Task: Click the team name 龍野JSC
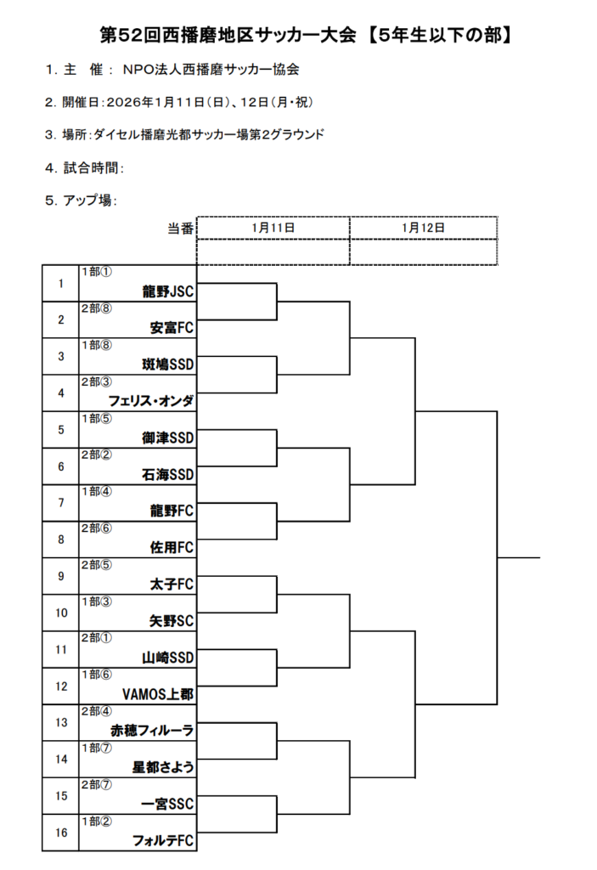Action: click(x=168, y=291)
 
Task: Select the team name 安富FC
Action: click(x=172, y=328)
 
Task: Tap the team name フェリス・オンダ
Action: click(x=151, y=401)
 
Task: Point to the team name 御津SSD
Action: click(x=168, y=438)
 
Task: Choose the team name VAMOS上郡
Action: click(x=158, y=694)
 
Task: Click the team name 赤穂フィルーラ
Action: click(x=153, y=731)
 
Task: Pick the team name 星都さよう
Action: click(x=163, y=767)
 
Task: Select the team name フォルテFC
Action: click(x=163, y=840)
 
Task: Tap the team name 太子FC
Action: click(x=172, y=585)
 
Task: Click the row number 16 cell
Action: click(x=61, y=833)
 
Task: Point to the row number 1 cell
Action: click(x=61, y=284)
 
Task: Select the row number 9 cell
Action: click(x=61, y=577)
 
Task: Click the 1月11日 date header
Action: click(x=273, y=228)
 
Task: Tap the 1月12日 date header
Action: click(x=424, y=228)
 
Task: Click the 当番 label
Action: click(x=180, y=229)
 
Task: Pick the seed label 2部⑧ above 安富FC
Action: click(x=97, y=308)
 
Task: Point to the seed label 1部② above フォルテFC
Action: click(x=97, y=822)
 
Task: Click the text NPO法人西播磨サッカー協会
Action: click(x=211, y=70)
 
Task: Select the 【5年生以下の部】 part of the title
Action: click(x=440, y=36)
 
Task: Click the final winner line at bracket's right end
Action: click(x=519, y=557)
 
